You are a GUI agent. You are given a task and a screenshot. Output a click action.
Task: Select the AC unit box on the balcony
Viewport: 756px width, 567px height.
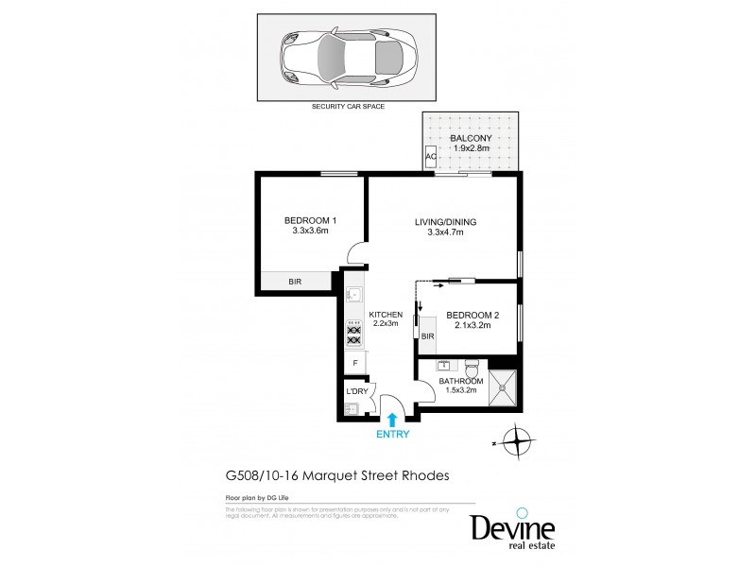click(x=431, y=157)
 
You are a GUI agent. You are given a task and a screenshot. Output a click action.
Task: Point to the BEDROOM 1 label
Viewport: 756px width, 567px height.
click(x=310, y=220)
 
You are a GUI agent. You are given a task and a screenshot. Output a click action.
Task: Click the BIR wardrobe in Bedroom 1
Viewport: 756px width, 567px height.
click(x=296, y=282)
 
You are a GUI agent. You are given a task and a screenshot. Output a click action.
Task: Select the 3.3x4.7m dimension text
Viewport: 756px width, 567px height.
click(x=445, y=233)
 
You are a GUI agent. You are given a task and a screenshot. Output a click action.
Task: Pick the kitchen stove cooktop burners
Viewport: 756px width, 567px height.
click(x=354, y=335)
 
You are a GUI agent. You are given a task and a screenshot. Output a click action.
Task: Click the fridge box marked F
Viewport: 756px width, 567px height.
click(x=355, y=363)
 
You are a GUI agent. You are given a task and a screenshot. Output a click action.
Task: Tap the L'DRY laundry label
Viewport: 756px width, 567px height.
click(x=356, y=391)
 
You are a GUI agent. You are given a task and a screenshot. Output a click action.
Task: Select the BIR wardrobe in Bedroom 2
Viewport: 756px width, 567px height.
click(x=427, y=335)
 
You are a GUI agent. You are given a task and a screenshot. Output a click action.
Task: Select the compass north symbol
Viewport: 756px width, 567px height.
click(x=516, y=440)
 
